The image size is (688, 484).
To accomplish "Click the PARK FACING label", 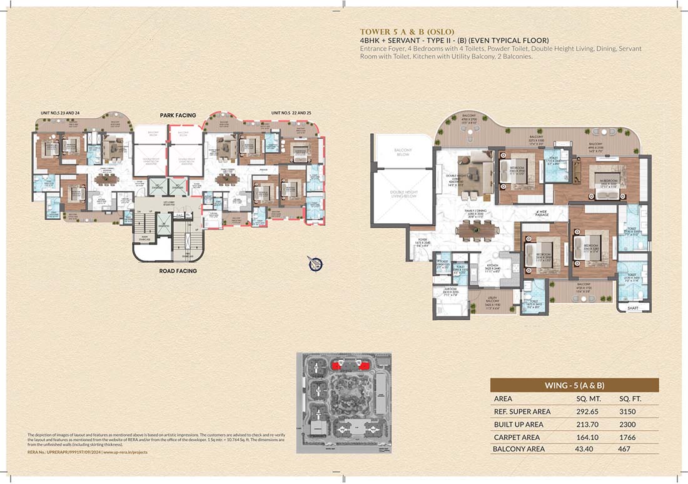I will pyautogui.click(x=178, y=115).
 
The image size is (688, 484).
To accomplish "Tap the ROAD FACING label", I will pyautogui.click(x=178, y=271).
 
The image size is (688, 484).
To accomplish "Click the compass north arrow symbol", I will pyautogui.click(x=315, y=263).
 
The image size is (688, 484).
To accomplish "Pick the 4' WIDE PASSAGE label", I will pyautogui.click(x=542, y=214).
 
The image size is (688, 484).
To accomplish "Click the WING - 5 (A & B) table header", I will pyautogui.click(x=574, y=385).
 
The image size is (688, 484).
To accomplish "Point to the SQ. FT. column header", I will pyautogui.click(x=630, y=398).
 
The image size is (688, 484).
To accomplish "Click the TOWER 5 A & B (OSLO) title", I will pyautogui.click(x=407, y=31).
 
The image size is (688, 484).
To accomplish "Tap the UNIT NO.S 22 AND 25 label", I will pyautogui.click(x=289, y=113).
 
